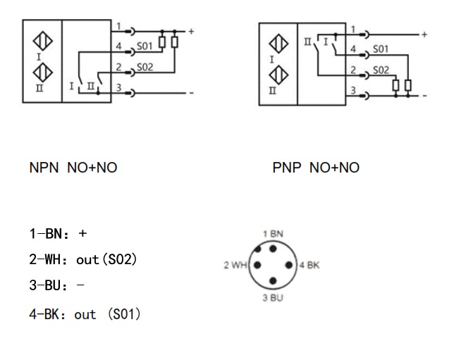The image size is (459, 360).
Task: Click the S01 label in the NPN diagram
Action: point(145,47)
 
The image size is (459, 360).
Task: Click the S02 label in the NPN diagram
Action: point(145,67)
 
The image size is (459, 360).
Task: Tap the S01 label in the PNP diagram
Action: point(381,49)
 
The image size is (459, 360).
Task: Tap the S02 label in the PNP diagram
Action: point(381,70)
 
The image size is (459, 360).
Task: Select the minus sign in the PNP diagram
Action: point(424,95)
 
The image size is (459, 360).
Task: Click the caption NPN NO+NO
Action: point(73,168)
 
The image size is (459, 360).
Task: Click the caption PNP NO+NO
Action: point(316,168)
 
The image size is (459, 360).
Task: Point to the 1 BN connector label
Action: point(273,233)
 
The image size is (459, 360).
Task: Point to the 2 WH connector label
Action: point(235,266)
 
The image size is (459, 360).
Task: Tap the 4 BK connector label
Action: point(310,266)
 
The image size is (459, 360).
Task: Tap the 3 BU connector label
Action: point(273,298)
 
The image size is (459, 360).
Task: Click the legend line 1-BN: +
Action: point(58,234)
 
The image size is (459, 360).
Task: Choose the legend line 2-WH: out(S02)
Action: point(82,260)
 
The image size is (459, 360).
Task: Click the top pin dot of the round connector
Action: point(273,248)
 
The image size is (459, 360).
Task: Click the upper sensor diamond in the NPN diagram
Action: point(44,40)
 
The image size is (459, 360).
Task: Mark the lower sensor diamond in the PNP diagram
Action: point(281,73)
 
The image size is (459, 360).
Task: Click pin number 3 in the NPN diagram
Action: point(118,87)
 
